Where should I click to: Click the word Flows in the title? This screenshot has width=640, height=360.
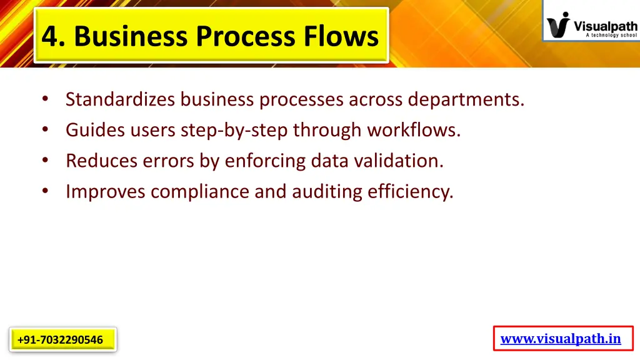pyautogui.click(x=341, y=36)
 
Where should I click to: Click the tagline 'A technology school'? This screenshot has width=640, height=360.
pyautogui.click(x=611, y=36)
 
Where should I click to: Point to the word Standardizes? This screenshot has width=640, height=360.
pyautogui.click(x=121, y=99)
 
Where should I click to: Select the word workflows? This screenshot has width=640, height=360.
pyautogui.click(x=413, y=130)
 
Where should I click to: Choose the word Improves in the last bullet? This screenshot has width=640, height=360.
pyautogui.click(x=106, y=191)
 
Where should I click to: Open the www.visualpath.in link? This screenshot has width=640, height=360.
pyautogui.click(x=561, y=339)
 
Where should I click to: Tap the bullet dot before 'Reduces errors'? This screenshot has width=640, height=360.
pyautogui.click(x=46, y=161)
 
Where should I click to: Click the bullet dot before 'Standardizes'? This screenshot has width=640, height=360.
pyautogui.click(x=46, y=99)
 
